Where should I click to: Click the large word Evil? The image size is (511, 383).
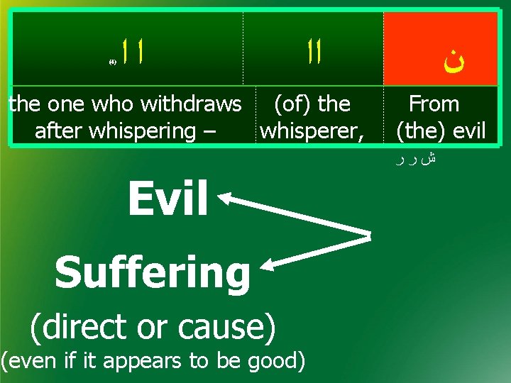coord(167,199)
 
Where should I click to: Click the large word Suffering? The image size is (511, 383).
coord(152,273)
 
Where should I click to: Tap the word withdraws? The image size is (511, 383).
coord(192,104)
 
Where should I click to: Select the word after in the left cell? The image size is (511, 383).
coord(57,131)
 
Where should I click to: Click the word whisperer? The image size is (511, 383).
coord(312,131)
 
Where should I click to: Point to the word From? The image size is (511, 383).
coord(434,104)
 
